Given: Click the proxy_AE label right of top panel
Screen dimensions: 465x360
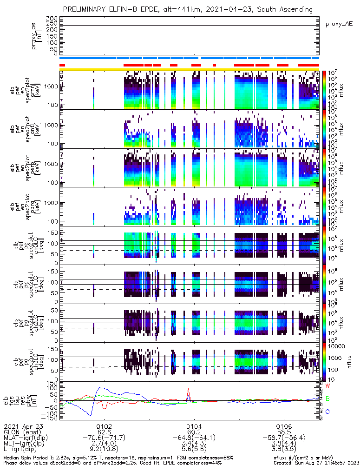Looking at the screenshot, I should pos(339,24).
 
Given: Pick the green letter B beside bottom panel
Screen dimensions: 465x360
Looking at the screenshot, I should pos(327,399).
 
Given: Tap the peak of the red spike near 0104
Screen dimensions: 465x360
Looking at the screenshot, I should pos(188,389).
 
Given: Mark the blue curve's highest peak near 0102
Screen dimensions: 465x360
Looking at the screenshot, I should pos(98,388).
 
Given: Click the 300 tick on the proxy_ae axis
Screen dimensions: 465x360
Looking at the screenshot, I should pos(52,18).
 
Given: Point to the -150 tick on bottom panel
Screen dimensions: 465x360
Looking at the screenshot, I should pos(50,418).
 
